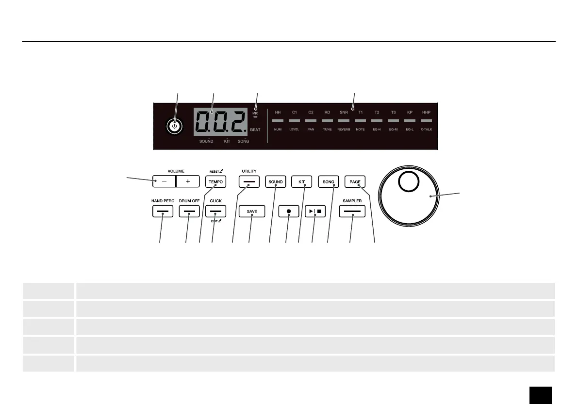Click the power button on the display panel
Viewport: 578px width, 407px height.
click(x=175, y=126)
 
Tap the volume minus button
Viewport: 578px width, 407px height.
click(x=164, y=181)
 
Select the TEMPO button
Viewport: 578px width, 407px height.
click(x=215, y=182)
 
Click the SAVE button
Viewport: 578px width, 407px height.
click(x=252, y=212)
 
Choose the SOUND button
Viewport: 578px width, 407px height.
click(x=275, y=182)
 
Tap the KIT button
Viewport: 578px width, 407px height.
click(x=302, y=182)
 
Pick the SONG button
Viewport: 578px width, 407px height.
click(x=329, y=182)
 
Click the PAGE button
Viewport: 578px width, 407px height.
click(x=355, y=182)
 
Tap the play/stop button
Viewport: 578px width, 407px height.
click(x=314, y=212)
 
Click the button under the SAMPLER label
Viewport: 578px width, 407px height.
click(x=352, y=212)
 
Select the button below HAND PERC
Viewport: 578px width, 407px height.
click(x=163, y=212)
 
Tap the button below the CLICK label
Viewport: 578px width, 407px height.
click(x=215, y=212)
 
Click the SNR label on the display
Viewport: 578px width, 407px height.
click(x=344, y=113)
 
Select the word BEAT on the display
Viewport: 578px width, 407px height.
click(x=255, y=130)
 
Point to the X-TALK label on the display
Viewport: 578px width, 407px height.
click(x=426, y=130)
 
